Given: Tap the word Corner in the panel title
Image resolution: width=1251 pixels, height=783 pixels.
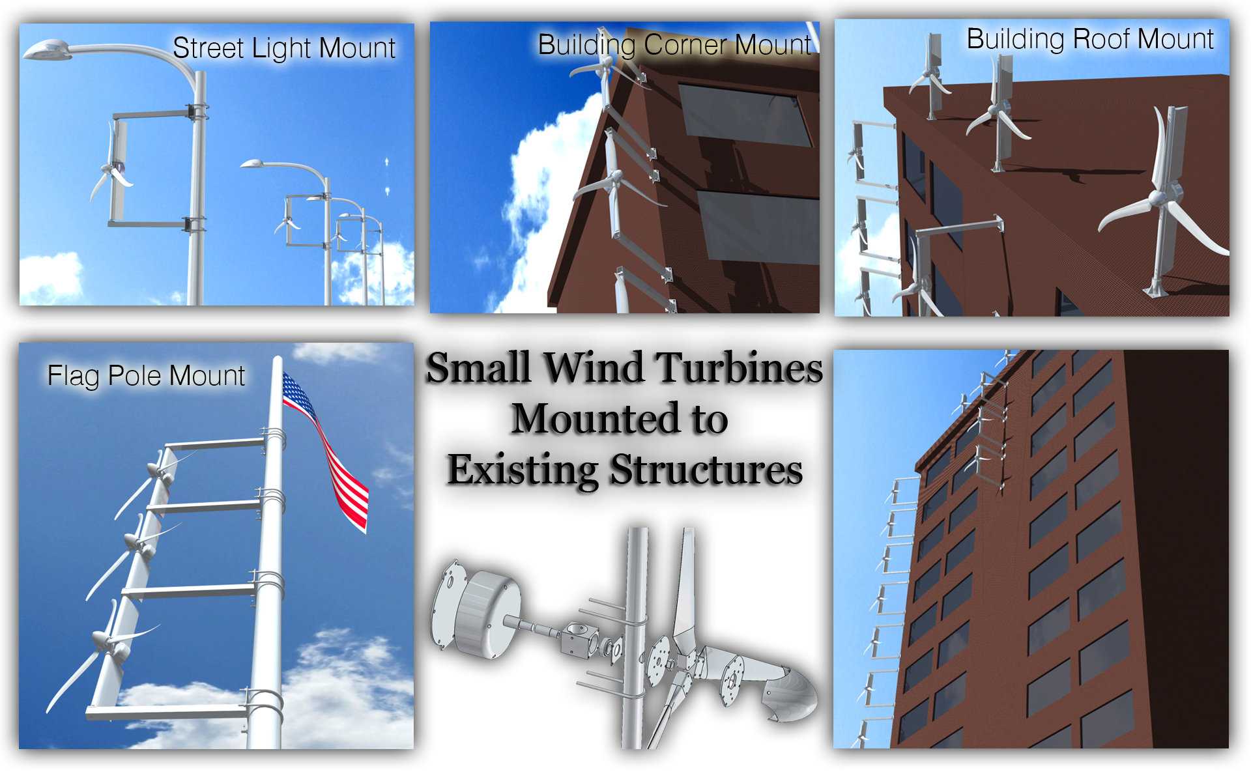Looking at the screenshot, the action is (x=685, y=45).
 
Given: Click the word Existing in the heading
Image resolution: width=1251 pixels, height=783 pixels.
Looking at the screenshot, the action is (x=523, y=470).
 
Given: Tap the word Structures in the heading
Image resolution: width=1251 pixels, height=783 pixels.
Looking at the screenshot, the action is (x=706, y=470).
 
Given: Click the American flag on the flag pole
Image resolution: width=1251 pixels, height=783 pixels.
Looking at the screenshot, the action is (x=329, y=456).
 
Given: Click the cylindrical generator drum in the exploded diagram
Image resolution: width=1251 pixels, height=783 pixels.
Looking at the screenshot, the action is (x=485, y=612).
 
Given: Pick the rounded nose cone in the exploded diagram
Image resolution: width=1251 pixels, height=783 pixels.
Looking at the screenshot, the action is (x=792, y=697).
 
